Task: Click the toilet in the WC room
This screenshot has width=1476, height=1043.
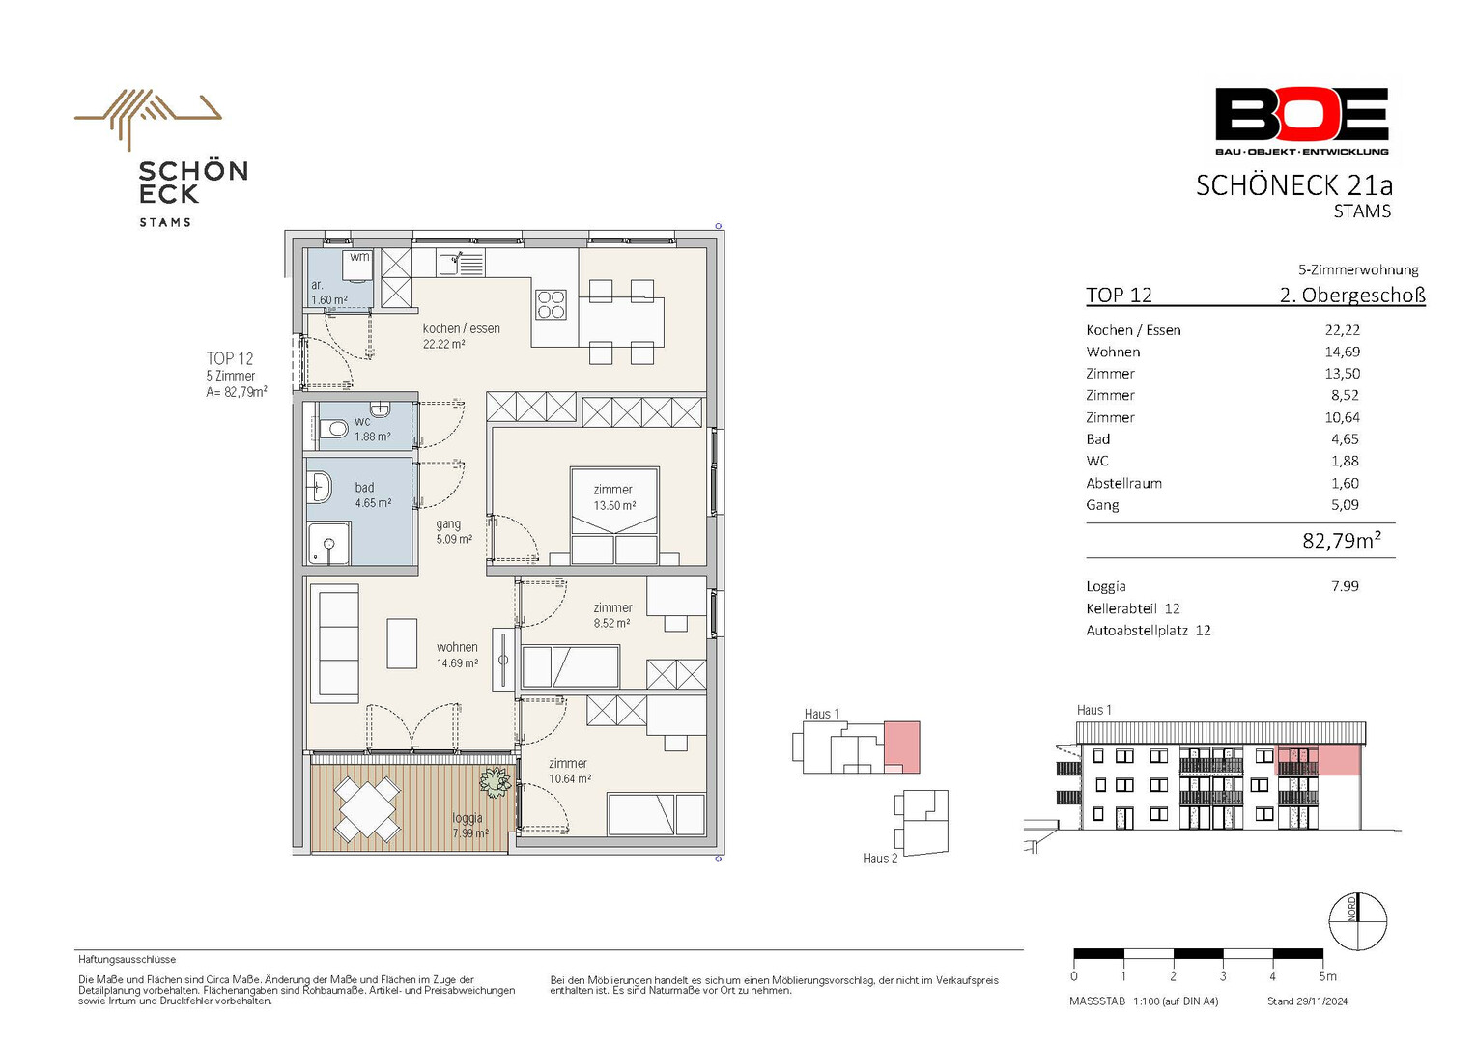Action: (333, 431)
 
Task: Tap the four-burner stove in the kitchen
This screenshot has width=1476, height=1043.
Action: (552, 304)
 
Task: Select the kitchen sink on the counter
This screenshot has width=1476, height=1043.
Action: (461, 263)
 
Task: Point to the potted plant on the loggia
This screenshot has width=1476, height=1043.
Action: (495, 781)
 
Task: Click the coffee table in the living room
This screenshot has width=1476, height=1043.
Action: (401, 643)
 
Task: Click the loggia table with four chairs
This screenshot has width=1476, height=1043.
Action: (368, 808)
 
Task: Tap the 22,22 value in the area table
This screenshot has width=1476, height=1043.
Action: (1343, 330)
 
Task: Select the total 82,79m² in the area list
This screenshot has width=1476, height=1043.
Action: (1342, 540)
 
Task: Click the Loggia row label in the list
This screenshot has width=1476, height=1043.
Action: (1106, 586)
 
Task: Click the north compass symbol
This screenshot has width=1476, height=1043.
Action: (1358, 920)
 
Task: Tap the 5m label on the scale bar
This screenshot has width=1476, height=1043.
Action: (1328, 975)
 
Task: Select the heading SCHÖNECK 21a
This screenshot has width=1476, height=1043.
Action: (1294, 185)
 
